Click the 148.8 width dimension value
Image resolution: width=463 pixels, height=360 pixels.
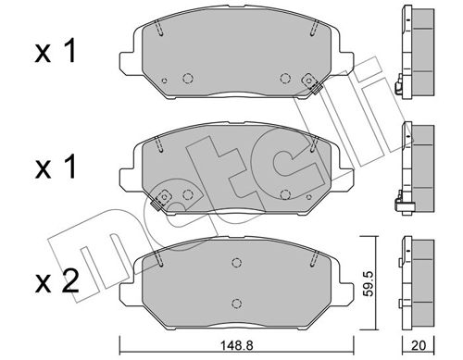click(236, 345)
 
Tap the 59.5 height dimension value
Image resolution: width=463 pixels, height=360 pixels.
click(369, 284)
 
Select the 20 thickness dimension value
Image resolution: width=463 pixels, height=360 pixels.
click(419, 345)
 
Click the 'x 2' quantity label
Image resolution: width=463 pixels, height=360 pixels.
click(56, 282)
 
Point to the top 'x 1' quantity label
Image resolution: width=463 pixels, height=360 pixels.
click(56, 52)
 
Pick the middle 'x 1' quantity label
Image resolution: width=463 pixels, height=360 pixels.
click(56, 168)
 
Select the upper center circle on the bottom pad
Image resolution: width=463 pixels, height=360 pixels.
click(236, 263)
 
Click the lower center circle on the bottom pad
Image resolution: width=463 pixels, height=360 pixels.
click(236, 303)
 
